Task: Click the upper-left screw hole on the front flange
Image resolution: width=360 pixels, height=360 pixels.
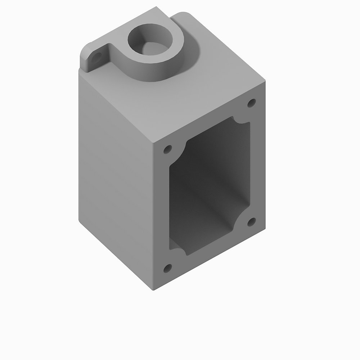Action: pos(167,149)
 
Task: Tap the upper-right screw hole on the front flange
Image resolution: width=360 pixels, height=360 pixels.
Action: pos(252,103)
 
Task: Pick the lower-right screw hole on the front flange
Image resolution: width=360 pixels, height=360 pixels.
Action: pos(252,221)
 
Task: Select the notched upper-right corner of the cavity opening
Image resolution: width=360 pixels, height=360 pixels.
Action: pos(242,120)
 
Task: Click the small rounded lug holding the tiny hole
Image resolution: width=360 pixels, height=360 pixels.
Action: pos(92,58)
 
